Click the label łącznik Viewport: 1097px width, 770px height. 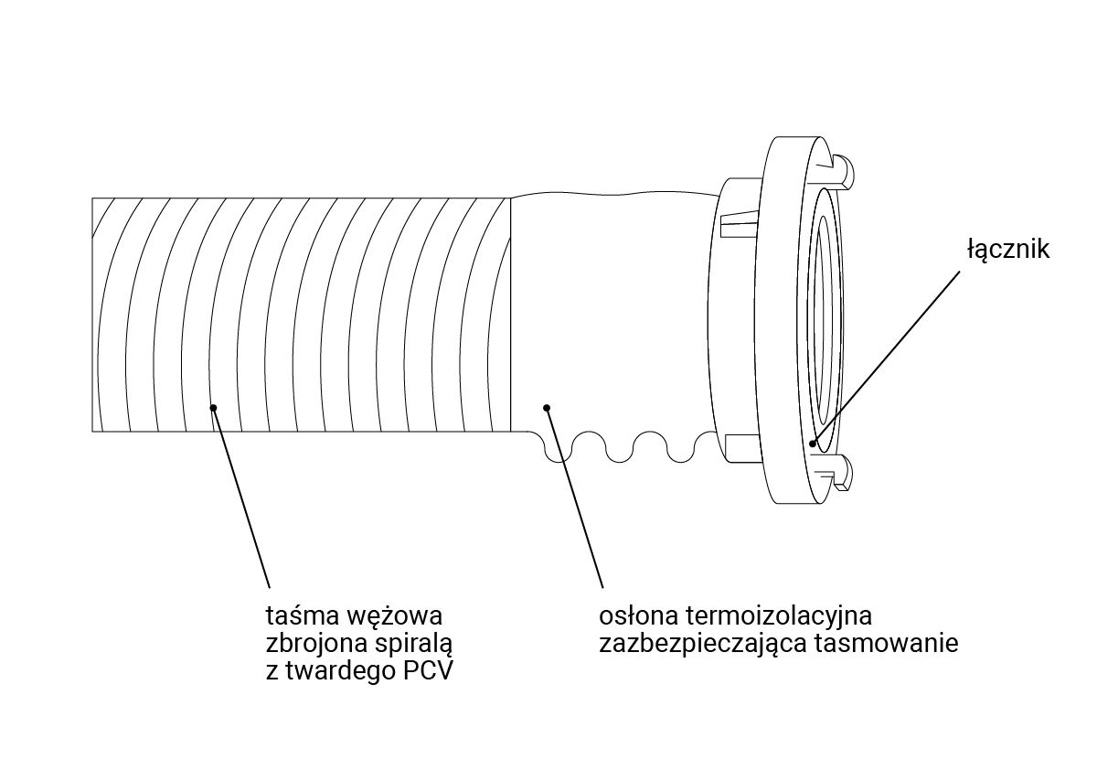(1007, 249)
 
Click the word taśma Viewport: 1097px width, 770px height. (295, 614)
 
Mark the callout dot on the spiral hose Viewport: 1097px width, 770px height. (213, 408)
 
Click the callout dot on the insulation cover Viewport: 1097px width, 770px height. (547, 407)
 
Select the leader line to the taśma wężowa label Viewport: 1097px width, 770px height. (242, 498)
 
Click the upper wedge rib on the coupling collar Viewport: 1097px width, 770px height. (739, 222)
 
